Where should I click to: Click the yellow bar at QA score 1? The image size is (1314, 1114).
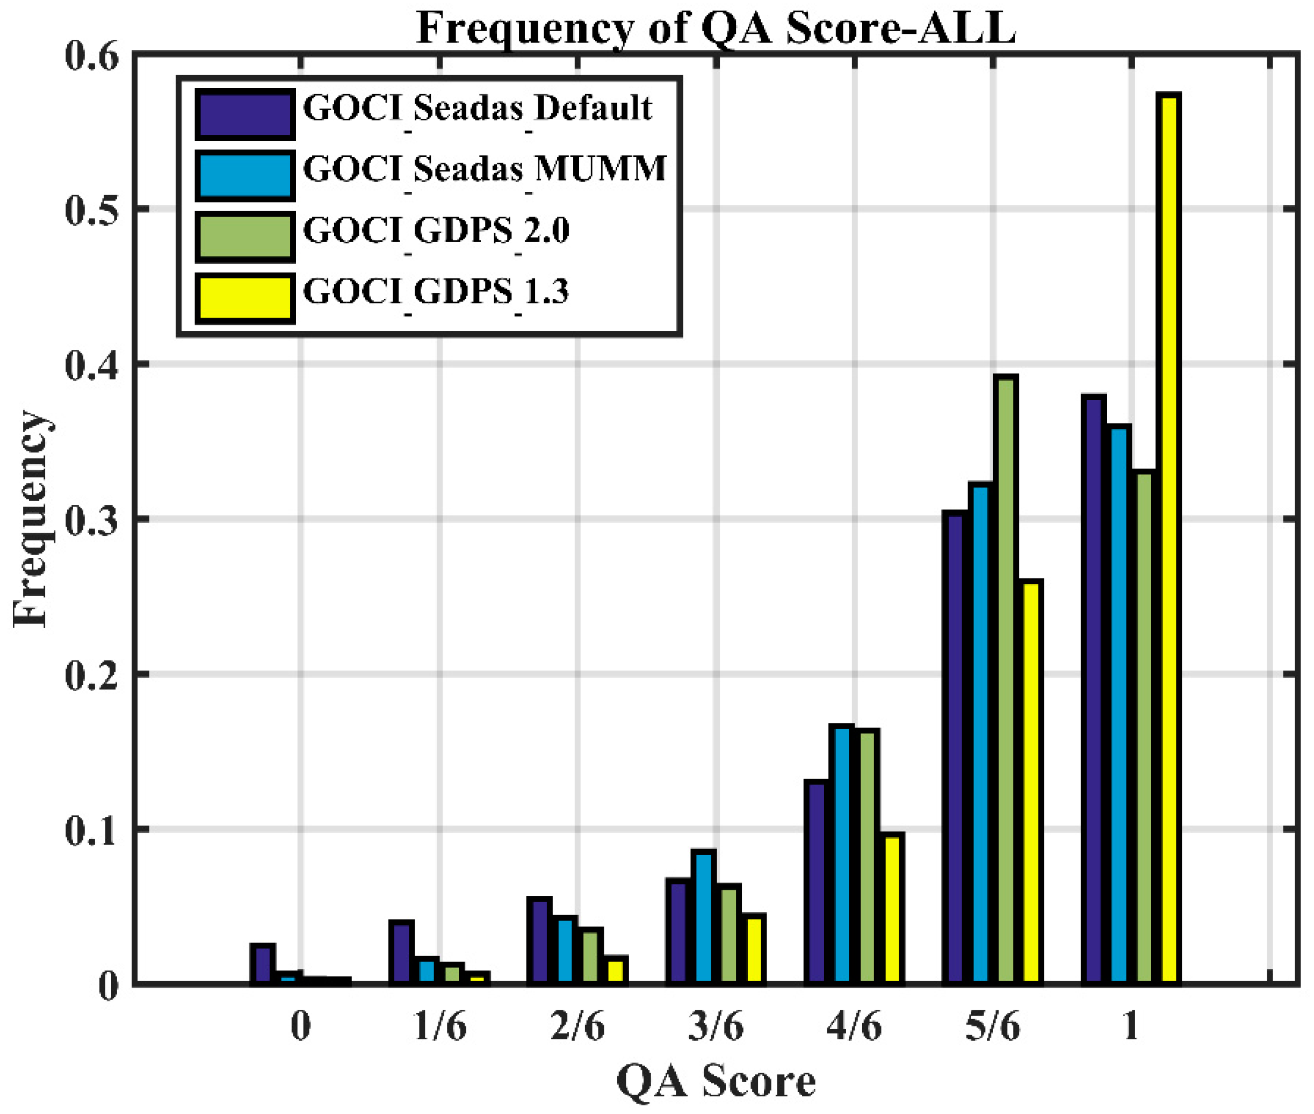pos(1170,537)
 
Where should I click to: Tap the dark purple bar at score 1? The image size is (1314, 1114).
pos(1094,688)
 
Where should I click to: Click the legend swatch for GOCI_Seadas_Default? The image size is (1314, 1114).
pos(245,114)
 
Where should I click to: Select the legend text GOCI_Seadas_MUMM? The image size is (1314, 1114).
pos(485,169)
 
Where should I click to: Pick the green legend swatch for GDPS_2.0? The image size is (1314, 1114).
pos(245,237)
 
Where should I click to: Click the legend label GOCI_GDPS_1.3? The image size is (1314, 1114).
pos(436,292)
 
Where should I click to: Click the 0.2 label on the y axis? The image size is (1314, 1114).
pos(91,674)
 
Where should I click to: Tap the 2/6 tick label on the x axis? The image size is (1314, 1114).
pos(577,1026)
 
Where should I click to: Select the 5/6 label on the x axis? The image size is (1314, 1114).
pos(993,1026)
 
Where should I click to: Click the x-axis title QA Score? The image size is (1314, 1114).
pos(716,1082)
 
